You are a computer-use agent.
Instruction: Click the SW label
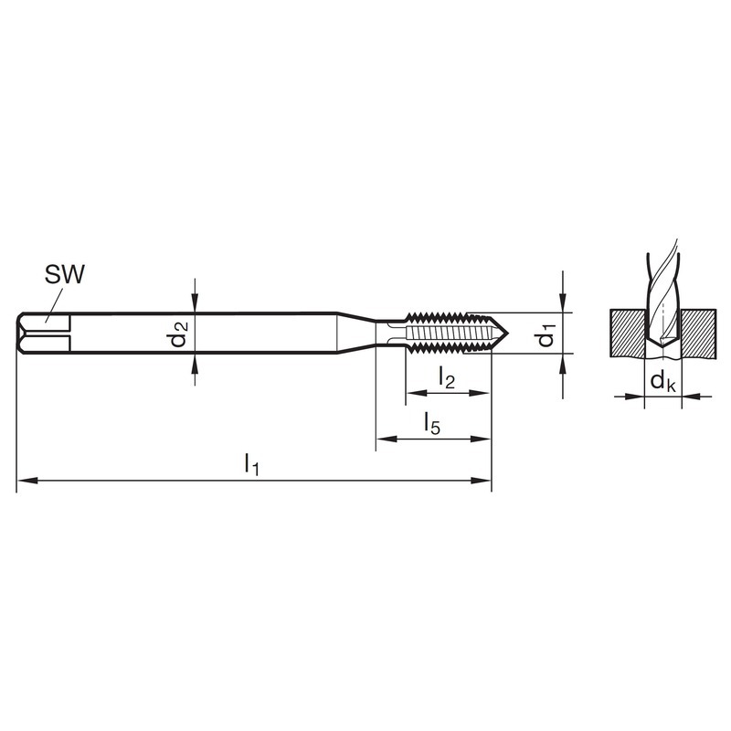(x=65, y=275)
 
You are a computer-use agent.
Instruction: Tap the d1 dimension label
(x=546, y=334)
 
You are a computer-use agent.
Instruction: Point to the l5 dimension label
(x=431, y=424)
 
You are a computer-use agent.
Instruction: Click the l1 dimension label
(x=251, y=464)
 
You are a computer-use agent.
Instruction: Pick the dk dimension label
(x=662, y=381)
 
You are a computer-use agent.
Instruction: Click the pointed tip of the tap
(x=508, y=333)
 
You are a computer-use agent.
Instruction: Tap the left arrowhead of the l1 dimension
(x=27, y=481)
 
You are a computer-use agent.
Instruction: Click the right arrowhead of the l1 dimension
(x=482, y=481)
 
